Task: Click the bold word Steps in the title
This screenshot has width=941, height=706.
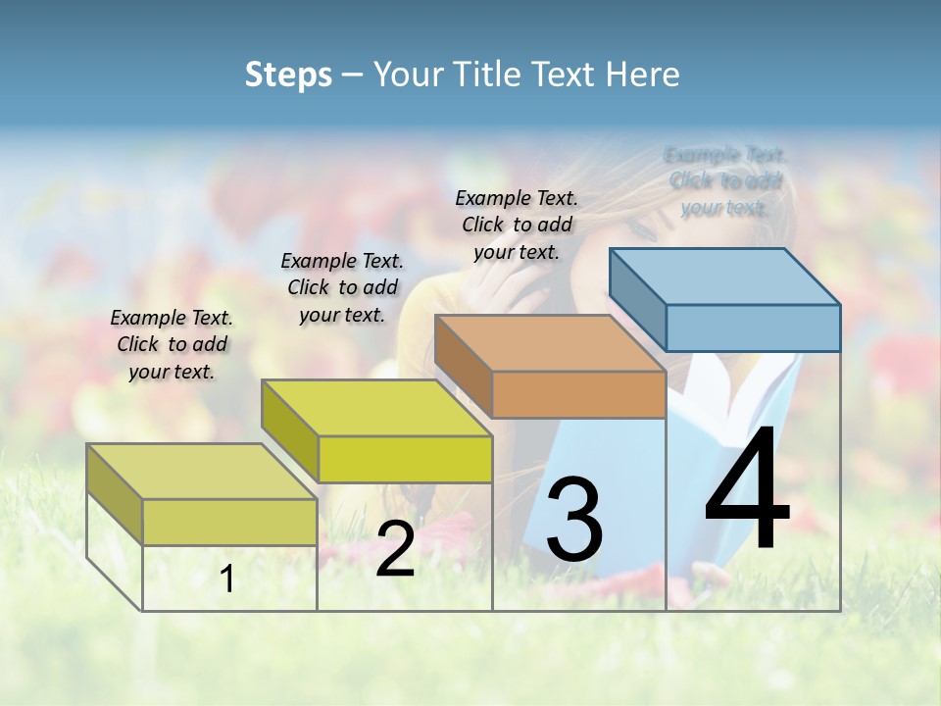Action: [288, 75]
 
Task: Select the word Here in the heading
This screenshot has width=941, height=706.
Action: [643, 75]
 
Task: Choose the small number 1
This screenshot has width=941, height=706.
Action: [226, 580]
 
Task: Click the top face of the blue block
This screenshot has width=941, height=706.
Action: [725, 277]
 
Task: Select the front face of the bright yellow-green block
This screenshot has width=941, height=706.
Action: [405, 459]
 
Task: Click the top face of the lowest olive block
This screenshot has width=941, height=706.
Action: [202, 472]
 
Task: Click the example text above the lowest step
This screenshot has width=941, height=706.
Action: [172, 344]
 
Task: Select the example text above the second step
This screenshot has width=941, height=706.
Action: [342, 287]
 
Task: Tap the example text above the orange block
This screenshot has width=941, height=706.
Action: [517, 225]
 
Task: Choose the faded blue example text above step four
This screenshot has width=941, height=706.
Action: [724, 180]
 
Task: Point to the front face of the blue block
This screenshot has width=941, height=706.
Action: [753, 328]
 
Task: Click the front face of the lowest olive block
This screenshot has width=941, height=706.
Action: [229, 522]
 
